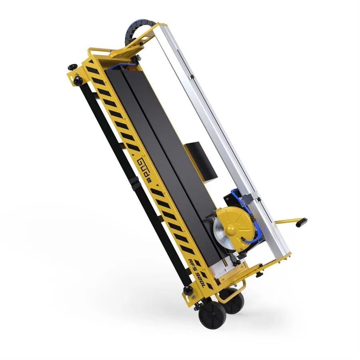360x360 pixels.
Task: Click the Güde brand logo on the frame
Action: point(144,170)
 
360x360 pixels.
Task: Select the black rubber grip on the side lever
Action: point(302,222)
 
